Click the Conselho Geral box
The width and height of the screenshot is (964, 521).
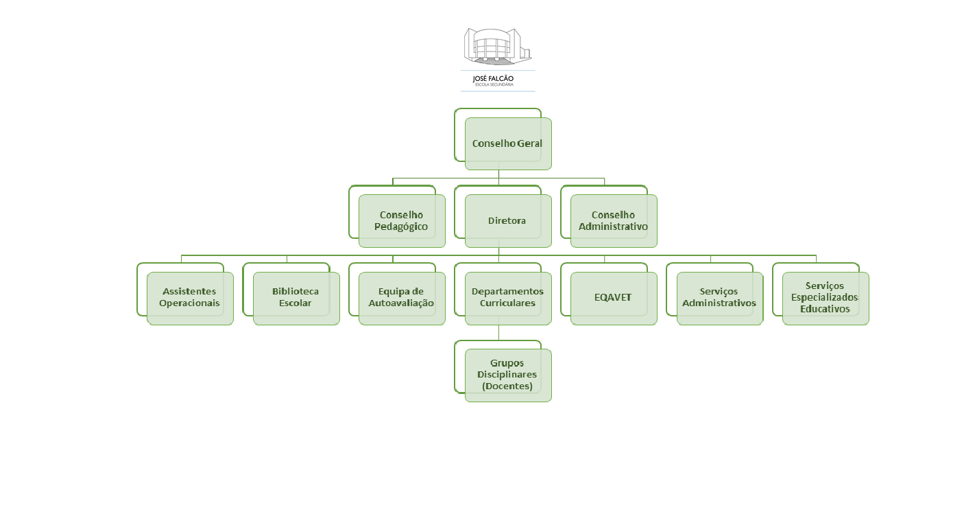tap(508, 143)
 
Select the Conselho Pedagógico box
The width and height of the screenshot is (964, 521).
tap(402, 220)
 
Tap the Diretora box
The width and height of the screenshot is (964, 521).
tap(508, 220)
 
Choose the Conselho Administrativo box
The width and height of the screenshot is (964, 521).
tap(614, 220)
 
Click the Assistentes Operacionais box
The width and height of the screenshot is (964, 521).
tap(190, 298)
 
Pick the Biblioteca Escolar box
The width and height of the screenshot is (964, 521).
tap(296, 298)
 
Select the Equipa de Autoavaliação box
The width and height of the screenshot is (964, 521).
tap(402, 298)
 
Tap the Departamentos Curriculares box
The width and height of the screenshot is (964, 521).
tap(508, 298)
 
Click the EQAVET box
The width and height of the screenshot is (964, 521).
tap(614, 298)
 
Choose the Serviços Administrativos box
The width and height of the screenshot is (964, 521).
tap(719, 298)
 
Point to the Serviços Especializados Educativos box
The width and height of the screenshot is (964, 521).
tap(826, 298)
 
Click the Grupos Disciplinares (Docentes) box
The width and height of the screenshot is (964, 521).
tap(508, 375)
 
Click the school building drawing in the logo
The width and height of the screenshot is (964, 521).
tap(498, 46)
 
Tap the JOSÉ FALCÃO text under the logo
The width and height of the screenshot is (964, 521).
tap(493, 78)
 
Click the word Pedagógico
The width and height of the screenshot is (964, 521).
tap(401, 227)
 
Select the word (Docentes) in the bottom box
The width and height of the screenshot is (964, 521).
tap(507, 386)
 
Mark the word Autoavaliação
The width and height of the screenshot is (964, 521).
tap(401, 303)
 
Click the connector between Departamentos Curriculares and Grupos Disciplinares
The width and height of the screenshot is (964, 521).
tap(498, 332)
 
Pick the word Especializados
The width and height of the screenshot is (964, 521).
tap(825, 297)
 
